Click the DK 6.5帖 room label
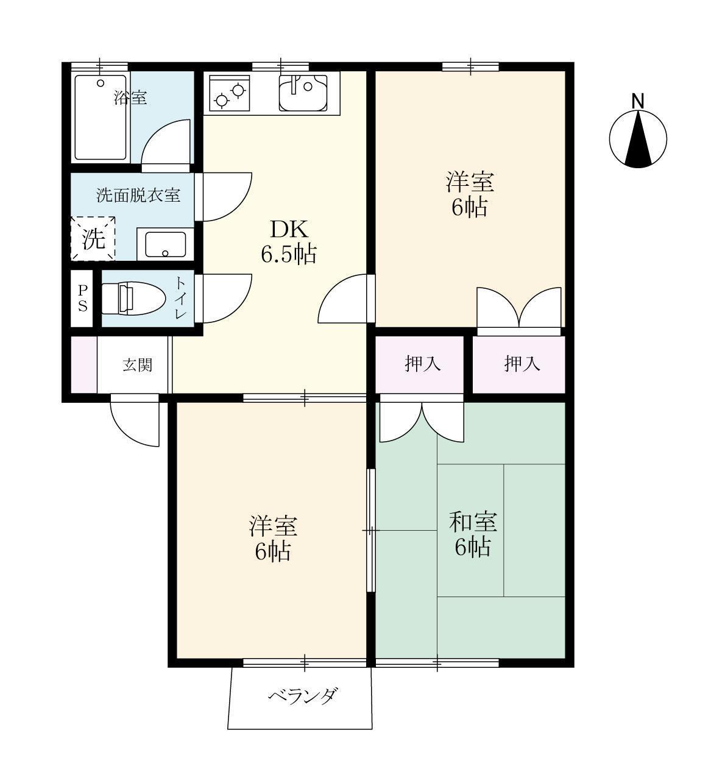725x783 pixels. coord(289,242)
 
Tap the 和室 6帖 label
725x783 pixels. coord(473,534)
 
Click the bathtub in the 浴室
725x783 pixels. coord(101,117)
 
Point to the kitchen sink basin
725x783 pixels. coord(303,93)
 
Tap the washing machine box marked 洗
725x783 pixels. coord(93,239)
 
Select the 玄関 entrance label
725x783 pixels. coord(138,366)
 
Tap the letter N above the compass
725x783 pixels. coord(638,101)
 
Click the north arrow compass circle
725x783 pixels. coord(638,139)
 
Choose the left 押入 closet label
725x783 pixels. coord(423,364)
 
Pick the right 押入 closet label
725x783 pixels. coord(522,364)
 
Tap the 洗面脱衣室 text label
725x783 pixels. coord(138,196)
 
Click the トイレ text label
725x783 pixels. coord(181,298)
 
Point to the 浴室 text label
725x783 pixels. coord(130,97)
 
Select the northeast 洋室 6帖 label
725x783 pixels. coord(469,194)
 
